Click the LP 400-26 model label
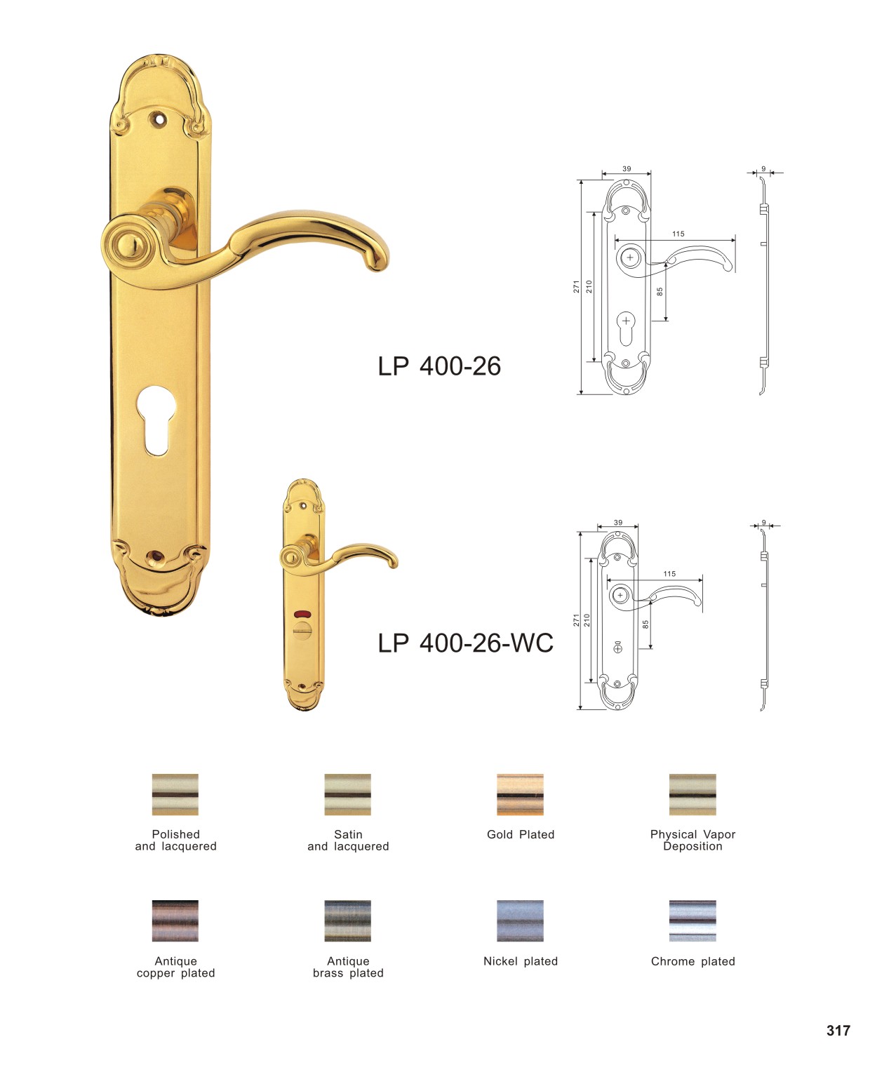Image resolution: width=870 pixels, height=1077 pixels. pos(439,366)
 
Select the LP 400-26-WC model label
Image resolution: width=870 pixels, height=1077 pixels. pos(466,643)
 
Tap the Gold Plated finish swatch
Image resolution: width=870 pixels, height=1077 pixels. pos(520,794)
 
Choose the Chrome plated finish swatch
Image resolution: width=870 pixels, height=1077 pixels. pos(692,921)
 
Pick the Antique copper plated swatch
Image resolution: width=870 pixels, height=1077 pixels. pos(175,921)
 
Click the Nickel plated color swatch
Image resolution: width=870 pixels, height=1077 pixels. pos(520,921)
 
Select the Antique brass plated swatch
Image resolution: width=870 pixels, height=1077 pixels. pos(347,921)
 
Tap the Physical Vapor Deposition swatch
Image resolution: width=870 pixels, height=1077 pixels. pos(692,794)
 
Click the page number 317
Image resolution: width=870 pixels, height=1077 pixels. pos(838,1031)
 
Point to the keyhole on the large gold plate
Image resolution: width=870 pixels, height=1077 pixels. pos(156,420)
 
